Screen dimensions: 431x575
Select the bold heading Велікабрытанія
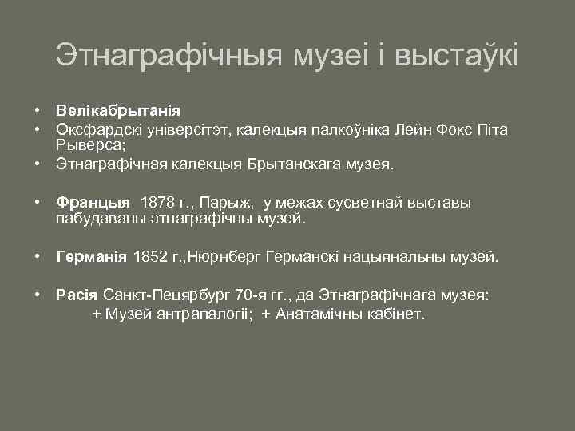click(118, 109)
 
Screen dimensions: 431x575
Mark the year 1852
click(151, 257)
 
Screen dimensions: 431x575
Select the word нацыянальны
click(390, 257)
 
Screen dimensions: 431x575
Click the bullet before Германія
click(38, 257)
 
